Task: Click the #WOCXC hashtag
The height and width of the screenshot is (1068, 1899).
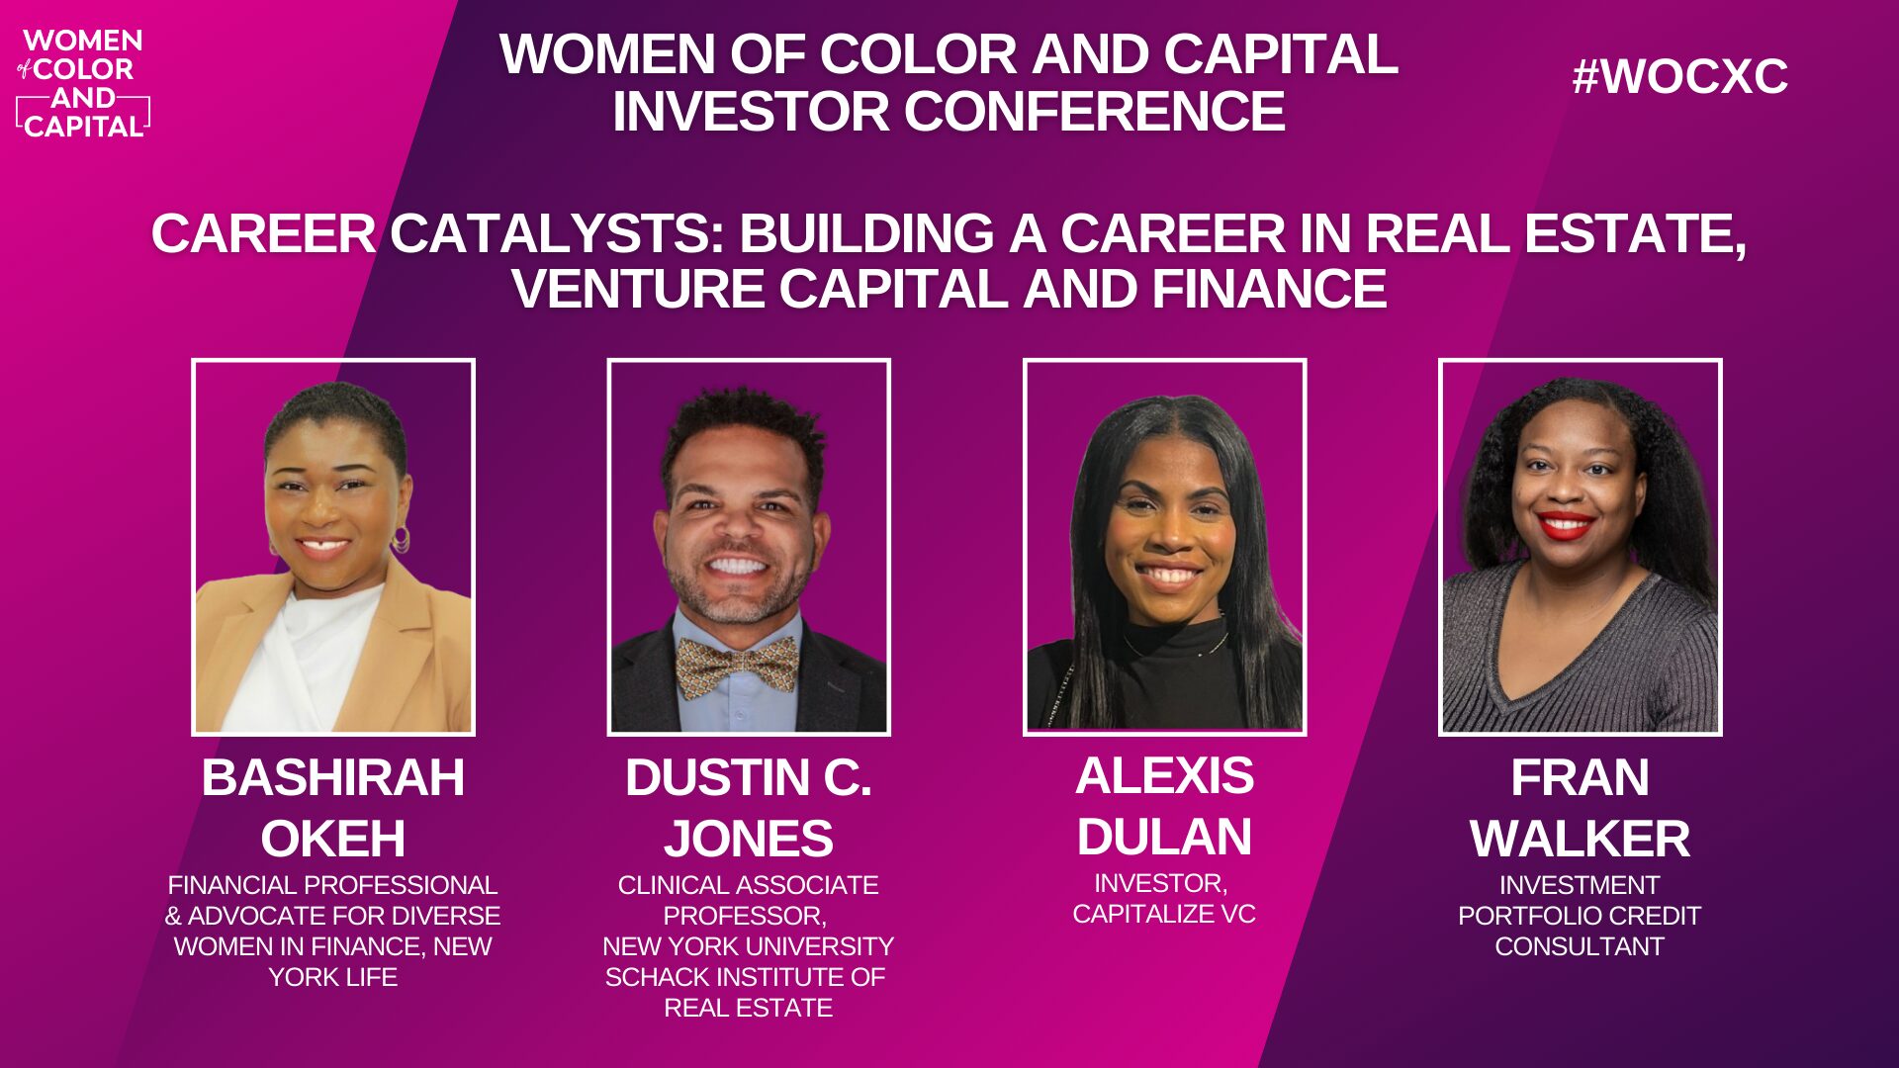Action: [x=1679, y=76]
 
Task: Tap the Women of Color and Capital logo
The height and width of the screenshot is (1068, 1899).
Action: [x=83, y=83]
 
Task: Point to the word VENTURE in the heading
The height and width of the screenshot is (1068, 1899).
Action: [x=637, y=290]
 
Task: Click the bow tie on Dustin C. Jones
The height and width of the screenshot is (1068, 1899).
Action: [x=737, y=665]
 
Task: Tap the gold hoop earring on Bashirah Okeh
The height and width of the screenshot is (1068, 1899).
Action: [x=401, y=540]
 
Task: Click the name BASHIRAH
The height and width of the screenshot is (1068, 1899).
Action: [x=332, y=777]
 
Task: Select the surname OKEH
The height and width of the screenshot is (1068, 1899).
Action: [x=332, y=839]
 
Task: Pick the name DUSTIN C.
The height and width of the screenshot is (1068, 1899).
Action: [x=748, y=777]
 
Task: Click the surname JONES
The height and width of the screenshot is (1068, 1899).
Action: [x=748, y=839]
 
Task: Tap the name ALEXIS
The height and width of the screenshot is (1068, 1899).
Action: [x=1164, y=775]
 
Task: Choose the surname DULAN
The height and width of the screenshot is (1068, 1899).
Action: [x=1164, y=837]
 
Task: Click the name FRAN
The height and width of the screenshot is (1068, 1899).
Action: [x=1580, y=777]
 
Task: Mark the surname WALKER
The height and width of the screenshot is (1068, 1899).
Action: [x=1580, y=839]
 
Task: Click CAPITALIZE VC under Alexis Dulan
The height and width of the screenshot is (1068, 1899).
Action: [x=1164, y=914]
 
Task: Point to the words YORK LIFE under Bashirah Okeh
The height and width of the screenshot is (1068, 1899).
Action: [x=332, y=977]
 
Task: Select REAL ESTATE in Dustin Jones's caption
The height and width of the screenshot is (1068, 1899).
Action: [x=748, y=1008]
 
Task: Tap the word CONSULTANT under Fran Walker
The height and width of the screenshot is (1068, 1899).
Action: [x=1580, y=946]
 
